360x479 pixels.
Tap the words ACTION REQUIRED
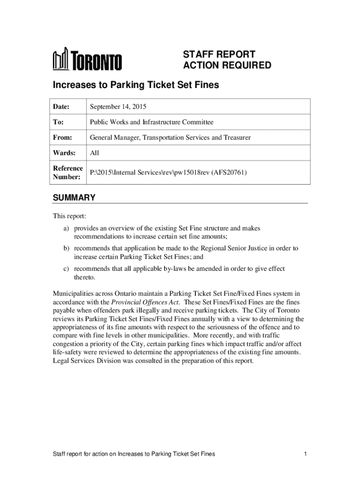click(227, 65)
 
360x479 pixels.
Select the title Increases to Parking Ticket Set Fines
click(136, 85)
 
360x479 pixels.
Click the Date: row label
click(61, 107)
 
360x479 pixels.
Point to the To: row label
click(58, 122)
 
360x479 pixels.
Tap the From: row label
click(62, 138)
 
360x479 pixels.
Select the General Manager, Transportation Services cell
click(170, 138)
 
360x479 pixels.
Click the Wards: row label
click(63, 152)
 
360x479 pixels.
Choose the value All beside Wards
click(94, 152)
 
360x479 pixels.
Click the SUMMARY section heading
click(74, 198)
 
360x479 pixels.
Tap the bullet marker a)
click(67, 228)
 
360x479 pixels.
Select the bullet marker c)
click(67, 269)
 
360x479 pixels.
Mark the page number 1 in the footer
click(304, 454)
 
